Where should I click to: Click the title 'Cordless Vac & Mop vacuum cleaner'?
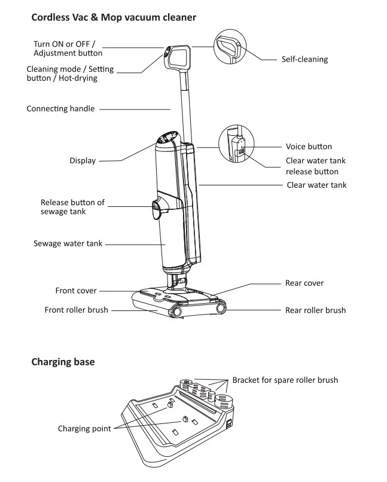pos(114,17)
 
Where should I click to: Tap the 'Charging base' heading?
pos(63,362)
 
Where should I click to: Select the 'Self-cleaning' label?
pos(304,59)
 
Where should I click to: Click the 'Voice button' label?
pos(309,147)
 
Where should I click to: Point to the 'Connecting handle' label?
pos(60,109)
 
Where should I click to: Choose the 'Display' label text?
pos(83,160)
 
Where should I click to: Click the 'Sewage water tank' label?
pos(68,244)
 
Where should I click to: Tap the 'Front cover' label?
pos(76,291)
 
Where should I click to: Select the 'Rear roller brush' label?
pos(315,310)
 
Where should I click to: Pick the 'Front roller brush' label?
pos(77,310)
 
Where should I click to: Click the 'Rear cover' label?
pos(304,283)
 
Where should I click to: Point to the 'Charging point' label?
pos(84,428)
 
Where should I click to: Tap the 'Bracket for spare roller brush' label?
pos(285,380)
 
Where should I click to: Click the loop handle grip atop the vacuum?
pos(179,56)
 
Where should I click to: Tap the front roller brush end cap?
pos(177,310)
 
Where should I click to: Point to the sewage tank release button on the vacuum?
pos(157,208)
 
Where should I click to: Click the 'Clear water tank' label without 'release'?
pos(316,185)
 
